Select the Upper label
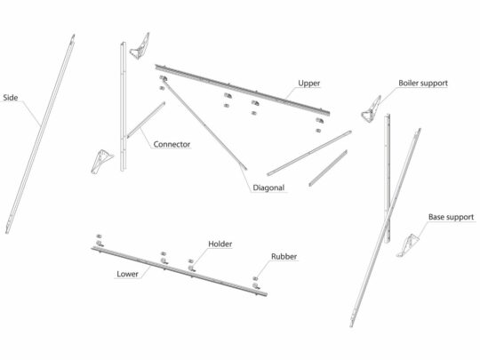point(308,83)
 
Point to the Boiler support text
point(423,83)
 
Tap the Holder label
point(220,244)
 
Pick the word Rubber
point(284,257)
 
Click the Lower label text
point(127,274)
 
